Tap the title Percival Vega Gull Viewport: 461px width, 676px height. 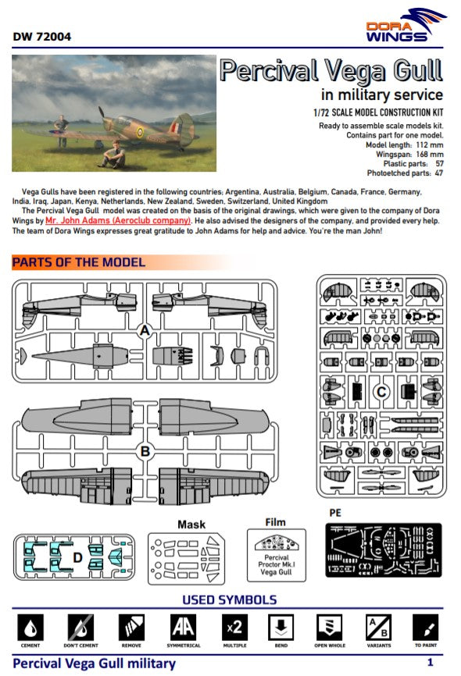331,71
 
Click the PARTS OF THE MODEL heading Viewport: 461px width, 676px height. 79,262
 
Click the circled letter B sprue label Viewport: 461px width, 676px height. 144,450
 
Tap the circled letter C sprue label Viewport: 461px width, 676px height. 381,391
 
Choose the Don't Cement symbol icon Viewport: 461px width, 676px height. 80,628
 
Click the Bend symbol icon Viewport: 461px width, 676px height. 280,628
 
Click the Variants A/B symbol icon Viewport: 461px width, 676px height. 378,628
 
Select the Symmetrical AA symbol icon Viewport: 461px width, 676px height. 182,628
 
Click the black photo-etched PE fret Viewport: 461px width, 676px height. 384,550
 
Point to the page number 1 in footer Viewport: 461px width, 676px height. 431,663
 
